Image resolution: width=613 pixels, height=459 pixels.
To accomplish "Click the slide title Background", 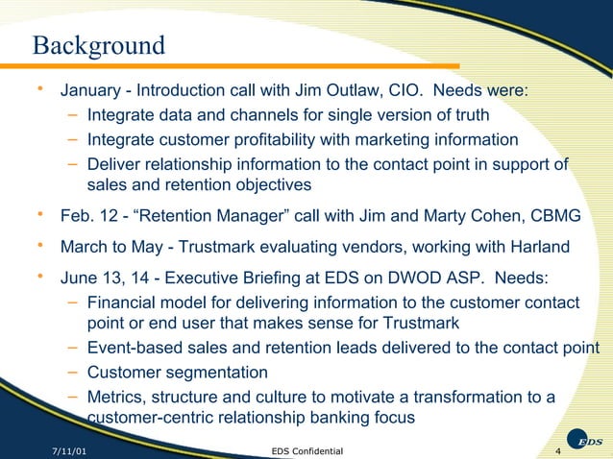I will (98, 45).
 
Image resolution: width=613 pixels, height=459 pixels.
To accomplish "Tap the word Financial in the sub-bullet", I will (123, 304).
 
